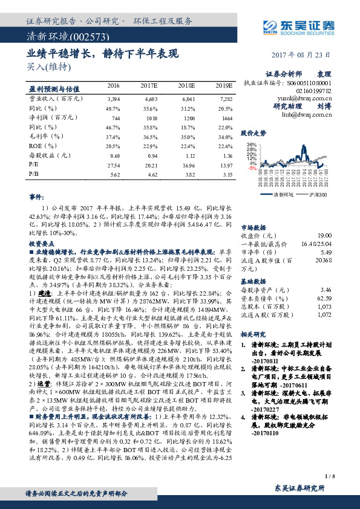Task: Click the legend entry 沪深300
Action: click(317, 195)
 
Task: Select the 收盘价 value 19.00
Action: click(324, 235)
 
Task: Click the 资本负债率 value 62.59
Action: click(324, 299)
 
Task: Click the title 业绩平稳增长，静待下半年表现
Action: click(103, 54)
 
